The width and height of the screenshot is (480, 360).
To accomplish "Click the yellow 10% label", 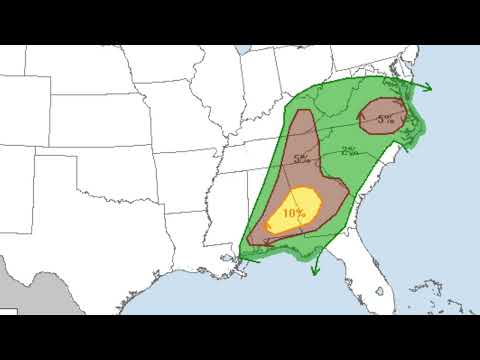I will click(294, 213).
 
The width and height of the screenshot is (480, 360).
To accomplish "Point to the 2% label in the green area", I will click(349, 151).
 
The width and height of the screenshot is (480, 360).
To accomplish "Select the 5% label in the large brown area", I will click(301, 157).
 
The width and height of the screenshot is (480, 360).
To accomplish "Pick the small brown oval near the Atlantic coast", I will click(385, 112).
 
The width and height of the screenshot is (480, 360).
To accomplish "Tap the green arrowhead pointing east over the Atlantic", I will click(427, 86).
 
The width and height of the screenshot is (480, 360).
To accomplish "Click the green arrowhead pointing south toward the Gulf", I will click(314, 270).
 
